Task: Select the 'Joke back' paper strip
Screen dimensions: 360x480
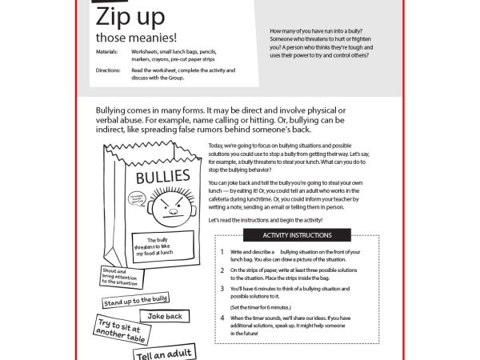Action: click(166, 316)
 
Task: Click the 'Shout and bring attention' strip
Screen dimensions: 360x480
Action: click(120, 277)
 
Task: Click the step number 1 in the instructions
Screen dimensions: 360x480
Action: click(222, 252)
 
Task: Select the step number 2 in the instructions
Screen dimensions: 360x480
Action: click(222, 270)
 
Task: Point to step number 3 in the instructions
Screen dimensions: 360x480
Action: click(222, 289)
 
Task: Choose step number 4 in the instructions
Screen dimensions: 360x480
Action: click(222, 318)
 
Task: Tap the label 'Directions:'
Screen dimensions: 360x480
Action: click(107, 70)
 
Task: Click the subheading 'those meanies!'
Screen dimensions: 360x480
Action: click(136, 37)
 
